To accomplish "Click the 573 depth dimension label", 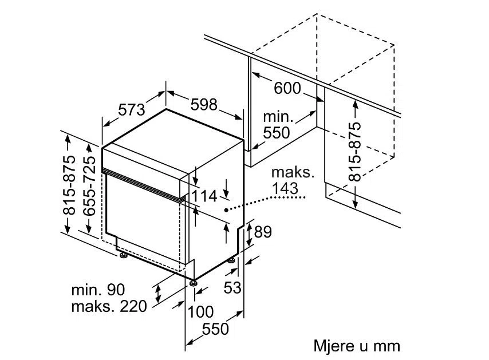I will click(132, 108).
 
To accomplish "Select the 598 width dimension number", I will click(203, 104).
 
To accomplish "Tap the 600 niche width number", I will click(287, 88).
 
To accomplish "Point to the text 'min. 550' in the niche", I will click(277, 125).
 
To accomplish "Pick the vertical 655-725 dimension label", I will click(89, 187).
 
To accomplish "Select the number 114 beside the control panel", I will click(204, 196).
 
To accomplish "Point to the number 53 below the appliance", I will click(232, 288).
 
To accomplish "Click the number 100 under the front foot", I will click(200, 312).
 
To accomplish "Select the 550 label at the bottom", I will click(216, 329).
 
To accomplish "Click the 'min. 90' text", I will click(97, 290).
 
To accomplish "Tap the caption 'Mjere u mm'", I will click(356, 346).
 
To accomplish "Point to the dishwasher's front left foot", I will click(123, 255).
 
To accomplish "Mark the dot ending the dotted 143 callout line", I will click(227, 210).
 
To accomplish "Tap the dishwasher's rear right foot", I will click(231, 260).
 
